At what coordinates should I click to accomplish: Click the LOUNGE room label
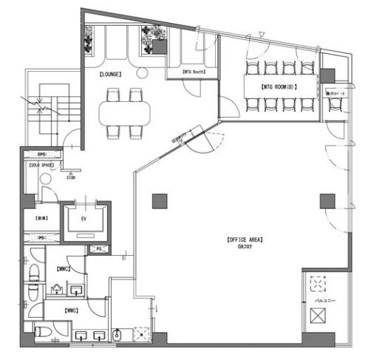point(111,75)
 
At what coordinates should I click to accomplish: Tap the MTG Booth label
point(200,72)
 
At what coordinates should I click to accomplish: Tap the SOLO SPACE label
point(39,166)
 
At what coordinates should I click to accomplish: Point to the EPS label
point(41,154)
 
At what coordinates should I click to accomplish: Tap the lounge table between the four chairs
point(126,112)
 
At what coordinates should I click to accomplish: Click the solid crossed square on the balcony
point(318,316)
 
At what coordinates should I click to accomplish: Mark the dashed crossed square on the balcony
point(318,284)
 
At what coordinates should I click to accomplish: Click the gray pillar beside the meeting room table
point(327,75)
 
